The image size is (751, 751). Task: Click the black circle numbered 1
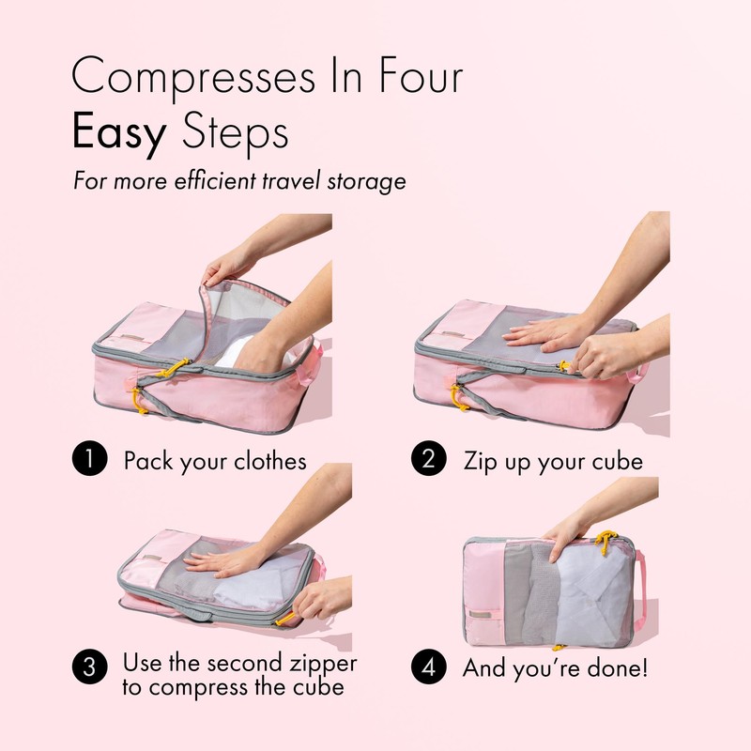pyautogui.click(x=87, y=461)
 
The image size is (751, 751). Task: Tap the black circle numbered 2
pyautogui.click(x=428, y=461)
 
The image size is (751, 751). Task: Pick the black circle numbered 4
pyautogui.click(x=428, y=669)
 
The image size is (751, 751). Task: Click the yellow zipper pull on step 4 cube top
pyautogui.click(x=605, y=539)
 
